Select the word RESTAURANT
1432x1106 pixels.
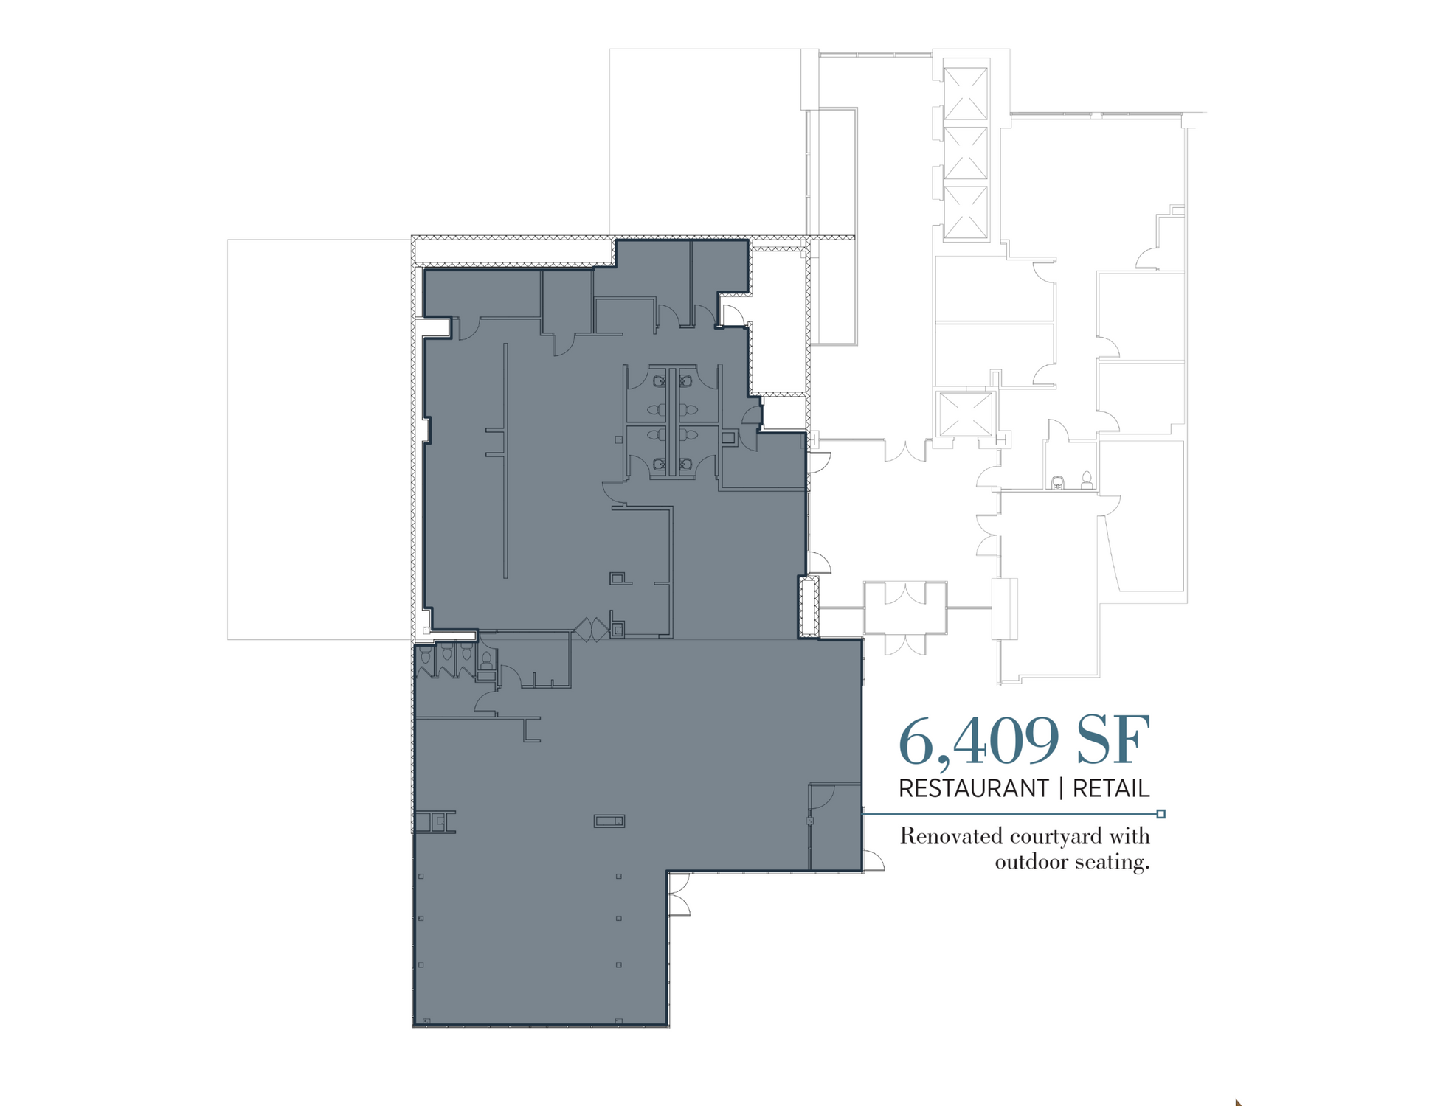click(x=973, y=789)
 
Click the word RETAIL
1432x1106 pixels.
click(x=1111, y=789)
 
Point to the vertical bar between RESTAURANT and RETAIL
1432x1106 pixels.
click(x=1061, y=789)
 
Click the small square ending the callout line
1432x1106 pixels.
click(x=1161, y=814)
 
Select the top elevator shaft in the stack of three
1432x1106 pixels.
click(x=966, y=94)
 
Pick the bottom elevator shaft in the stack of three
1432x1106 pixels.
click(x=966, y=212)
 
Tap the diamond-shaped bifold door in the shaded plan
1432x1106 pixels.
click(x=592, y=630)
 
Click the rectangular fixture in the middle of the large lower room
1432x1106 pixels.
click(x=609, y=821)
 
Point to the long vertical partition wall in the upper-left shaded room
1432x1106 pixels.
click(x=505, y=461)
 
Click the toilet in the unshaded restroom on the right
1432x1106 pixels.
click(x=1086, y=480)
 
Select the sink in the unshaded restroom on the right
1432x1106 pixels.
click(x=1058, y=483)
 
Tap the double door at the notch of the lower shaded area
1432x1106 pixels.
click(x=679, y=894)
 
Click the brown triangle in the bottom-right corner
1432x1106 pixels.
click(x=1238, y=1102)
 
